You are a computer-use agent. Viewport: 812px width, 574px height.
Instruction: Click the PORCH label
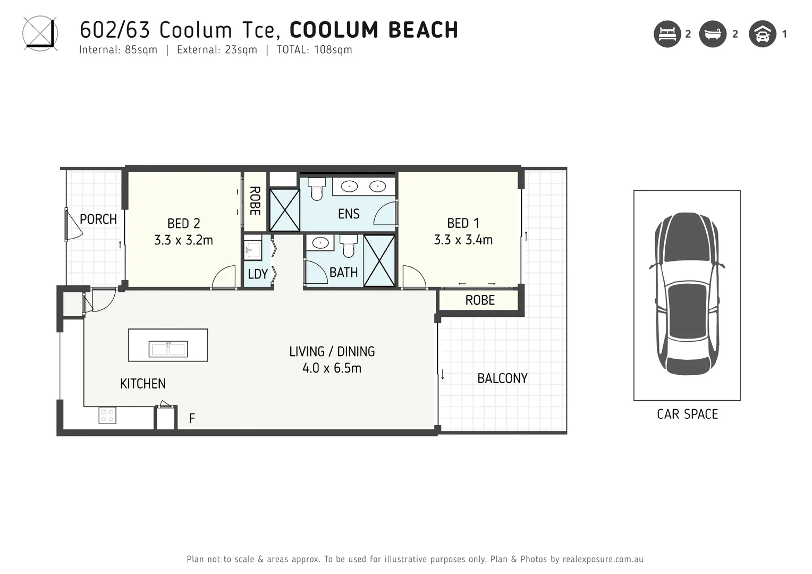tap(98, 219)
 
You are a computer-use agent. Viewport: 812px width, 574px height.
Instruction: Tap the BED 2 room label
tap(183, 223)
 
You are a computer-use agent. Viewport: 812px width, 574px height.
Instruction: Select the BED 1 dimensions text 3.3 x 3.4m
tap(463, 240)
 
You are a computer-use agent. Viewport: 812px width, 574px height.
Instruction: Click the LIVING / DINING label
tap(332, 351)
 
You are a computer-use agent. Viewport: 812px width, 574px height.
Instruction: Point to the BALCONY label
tap(502, 378)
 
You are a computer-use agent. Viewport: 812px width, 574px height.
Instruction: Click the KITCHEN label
tap(142, 384)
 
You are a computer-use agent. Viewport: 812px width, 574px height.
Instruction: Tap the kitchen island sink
tap(168, 349)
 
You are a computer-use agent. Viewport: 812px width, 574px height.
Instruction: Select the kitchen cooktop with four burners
tap(107, 415)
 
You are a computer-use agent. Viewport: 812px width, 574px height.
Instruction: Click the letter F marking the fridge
tap(192, 419)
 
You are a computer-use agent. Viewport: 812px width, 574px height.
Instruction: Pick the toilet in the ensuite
tap(317, 189)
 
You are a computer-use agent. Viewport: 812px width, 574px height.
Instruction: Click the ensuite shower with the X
tap(285, 210)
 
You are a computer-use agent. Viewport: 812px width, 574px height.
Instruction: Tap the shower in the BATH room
tap(379, 261)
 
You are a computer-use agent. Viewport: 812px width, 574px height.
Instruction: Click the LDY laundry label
tap(258, 274)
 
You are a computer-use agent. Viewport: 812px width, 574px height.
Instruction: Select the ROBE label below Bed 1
tap(480, 300)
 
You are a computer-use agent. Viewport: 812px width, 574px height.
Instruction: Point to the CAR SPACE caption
tap(687, 414)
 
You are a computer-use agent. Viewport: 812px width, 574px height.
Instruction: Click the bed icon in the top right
tap(667, 34)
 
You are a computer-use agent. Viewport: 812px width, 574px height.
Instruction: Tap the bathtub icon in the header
tap(712, 34)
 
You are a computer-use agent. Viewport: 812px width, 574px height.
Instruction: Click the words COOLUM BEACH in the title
tap(374, 30)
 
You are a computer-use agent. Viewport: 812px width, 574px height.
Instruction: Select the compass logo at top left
tap(40, 33)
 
